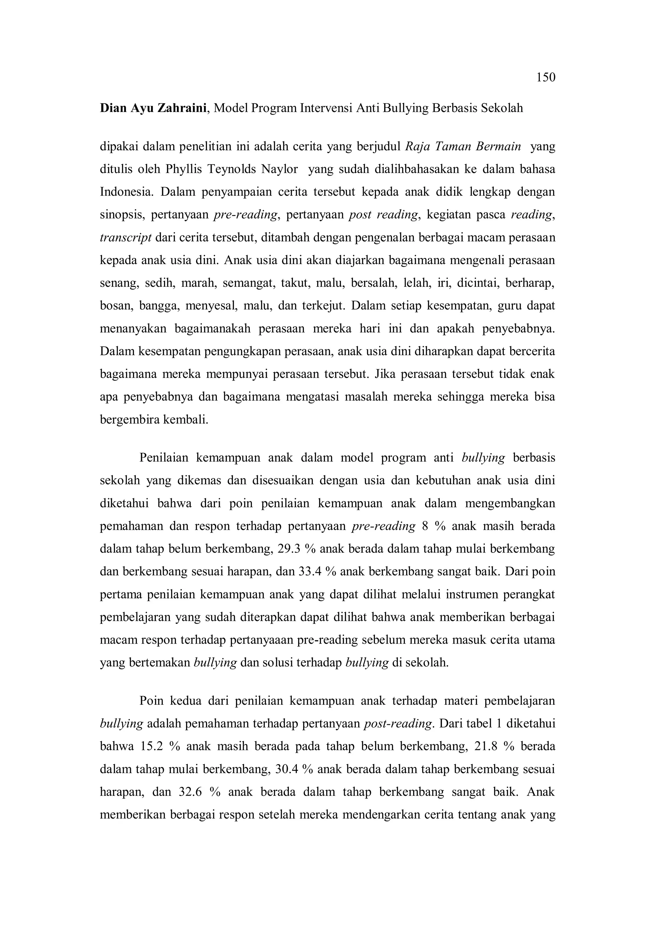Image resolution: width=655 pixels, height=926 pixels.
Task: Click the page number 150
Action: tap(546, 77)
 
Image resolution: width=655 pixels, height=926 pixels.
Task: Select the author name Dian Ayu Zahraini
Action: tap(153, 108)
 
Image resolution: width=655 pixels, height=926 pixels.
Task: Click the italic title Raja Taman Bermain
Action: tap(462, 146)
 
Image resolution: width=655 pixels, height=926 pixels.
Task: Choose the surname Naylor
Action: tap(280, 169)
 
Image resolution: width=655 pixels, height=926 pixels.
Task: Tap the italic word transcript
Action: tap(125, 238)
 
